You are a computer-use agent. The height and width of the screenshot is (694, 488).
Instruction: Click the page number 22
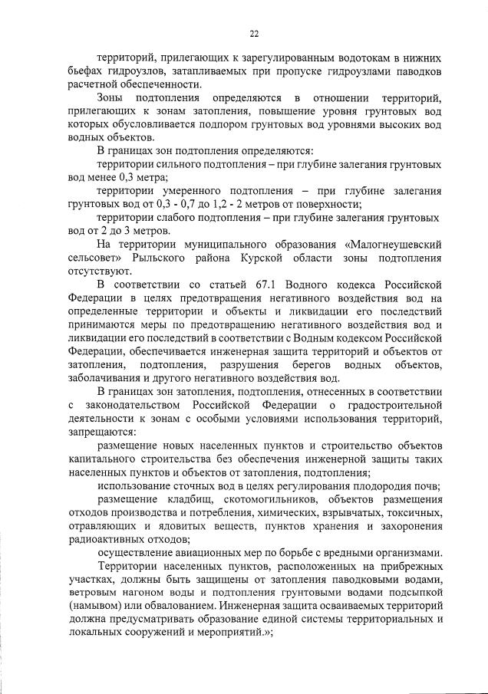click(x=254, y=33)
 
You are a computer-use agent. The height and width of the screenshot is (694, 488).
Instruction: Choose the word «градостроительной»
click(x=394, y=405)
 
